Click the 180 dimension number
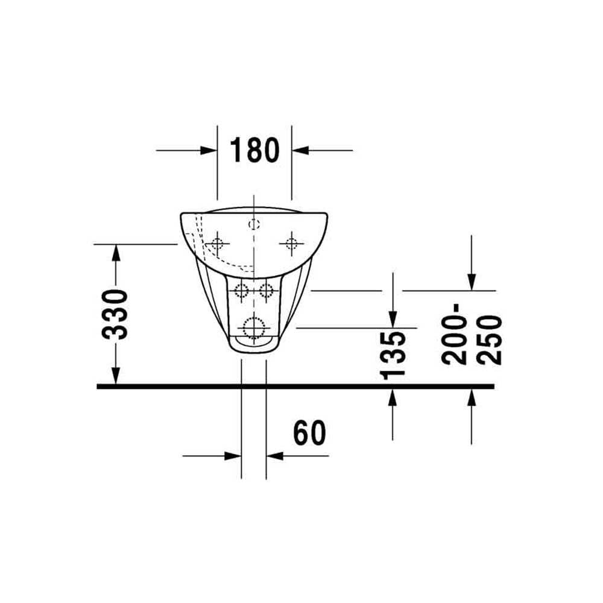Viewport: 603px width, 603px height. tap(254, 150)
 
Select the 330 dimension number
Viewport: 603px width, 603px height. tap(115, 315)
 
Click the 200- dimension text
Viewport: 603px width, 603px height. tap(455, 334)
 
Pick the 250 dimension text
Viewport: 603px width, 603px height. tap(489, 340)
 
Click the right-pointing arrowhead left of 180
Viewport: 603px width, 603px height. tap(209, 150)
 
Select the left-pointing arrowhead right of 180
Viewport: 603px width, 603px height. tap(300, 150)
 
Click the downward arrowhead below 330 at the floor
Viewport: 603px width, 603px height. tap(116, 376)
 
